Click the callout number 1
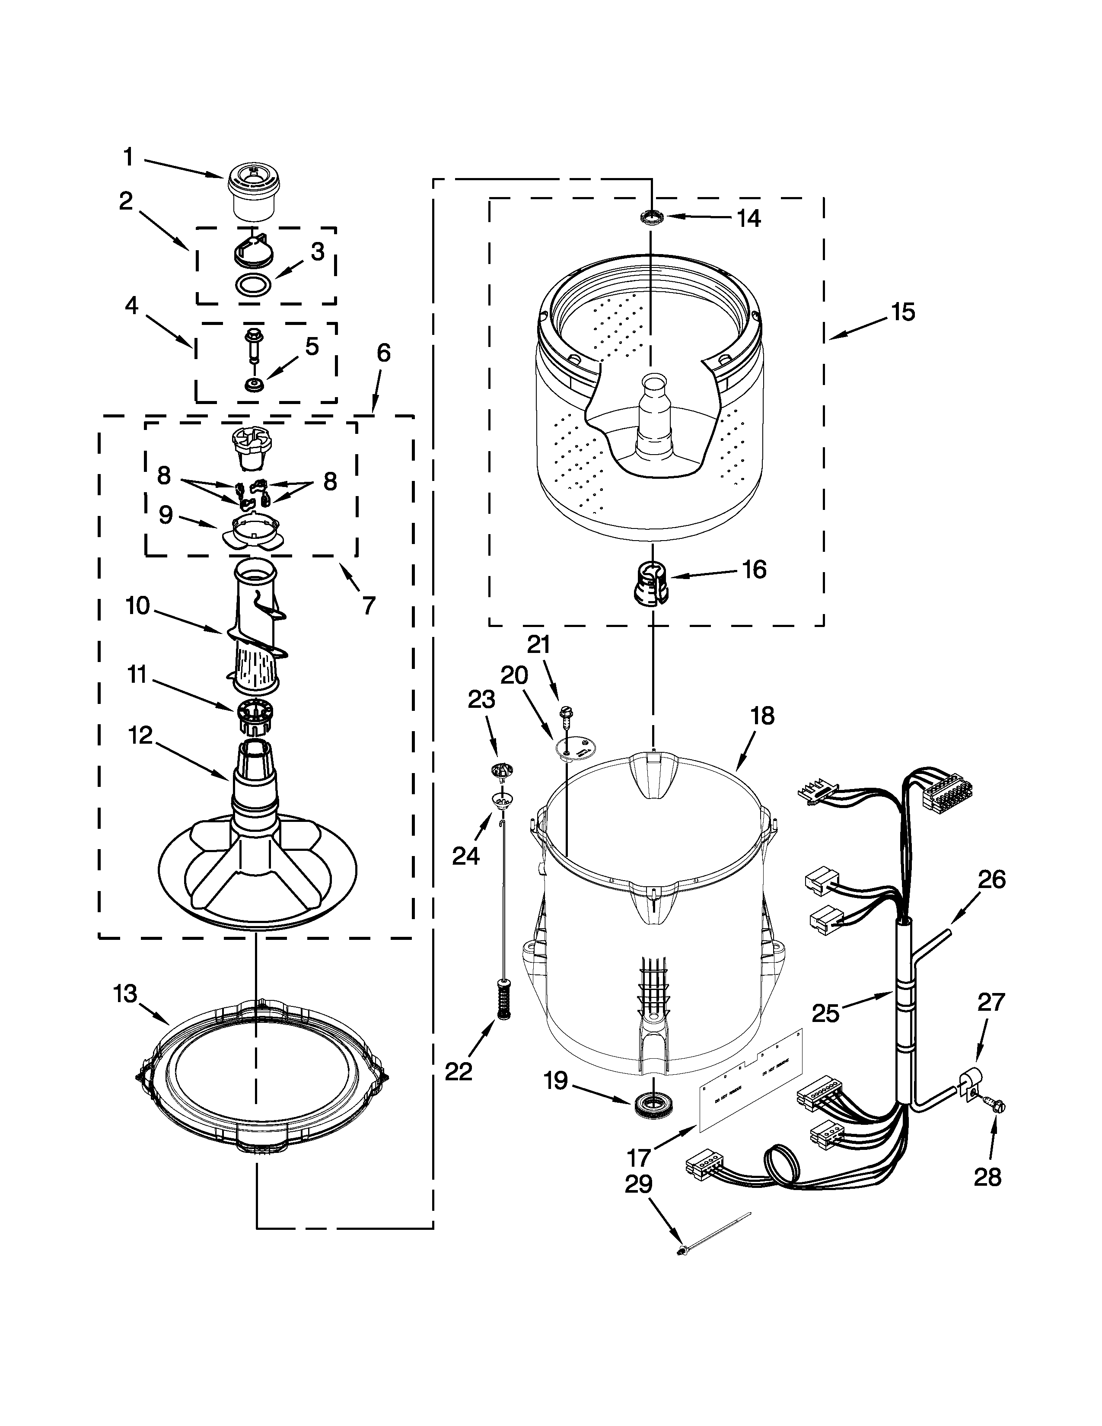click(x=129, y=157)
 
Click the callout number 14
click(x=749, y=219)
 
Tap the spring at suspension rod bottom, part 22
click(x=503, y=998)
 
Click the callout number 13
click(x=125, y=994)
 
